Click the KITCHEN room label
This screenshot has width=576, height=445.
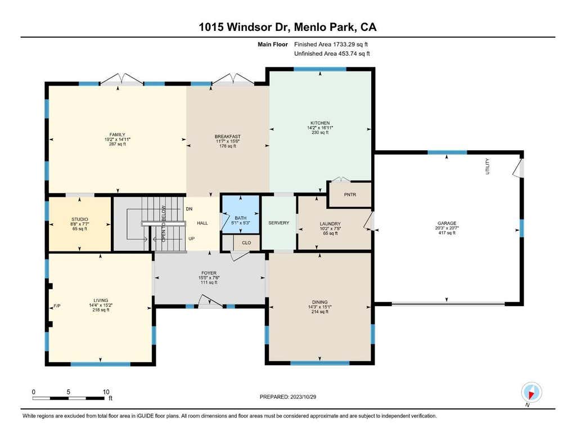(x=320, y=123)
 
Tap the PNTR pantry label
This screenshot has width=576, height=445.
(x=350, y=195)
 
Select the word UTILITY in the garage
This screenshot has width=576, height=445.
(x=488, y=166)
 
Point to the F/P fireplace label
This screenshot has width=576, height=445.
(x=57, y=305)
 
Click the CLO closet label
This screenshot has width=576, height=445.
(x=246, y=242)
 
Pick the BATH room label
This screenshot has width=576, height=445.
(x=241, y=218)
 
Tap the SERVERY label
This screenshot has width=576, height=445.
(x=278, y=223)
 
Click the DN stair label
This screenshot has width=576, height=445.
(x=189, y=209)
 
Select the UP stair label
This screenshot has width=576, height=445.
(x=191, y=239)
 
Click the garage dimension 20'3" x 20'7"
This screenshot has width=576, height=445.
(x=447, y=228)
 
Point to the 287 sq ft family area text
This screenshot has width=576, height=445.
(x=117, y=144)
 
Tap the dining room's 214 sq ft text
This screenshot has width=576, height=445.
(x=319, y=312)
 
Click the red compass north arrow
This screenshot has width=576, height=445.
(x=531, y=395)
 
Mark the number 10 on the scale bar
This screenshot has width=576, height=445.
(x=106, y=392)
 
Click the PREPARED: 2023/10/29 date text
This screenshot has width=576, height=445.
(x=287, y=397)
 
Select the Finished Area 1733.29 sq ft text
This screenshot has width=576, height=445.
(x=331, y=44)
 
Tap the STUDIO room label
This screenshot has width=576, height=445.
(x=79, y=219)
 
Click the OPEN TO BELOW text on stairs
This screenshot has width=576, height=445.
(x=164, y=223)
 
